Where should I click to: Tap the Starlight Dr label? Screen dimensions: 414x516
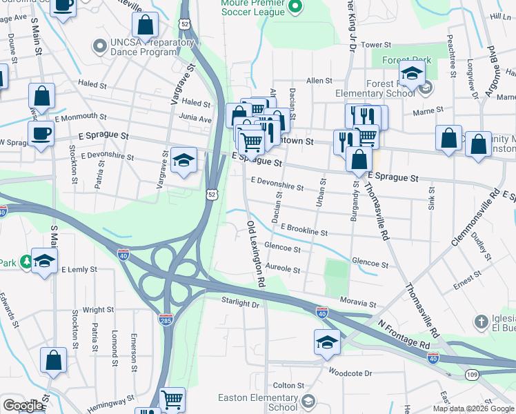click(240, 302)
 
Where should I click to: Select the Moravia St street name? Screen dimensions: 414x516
click(358, 303)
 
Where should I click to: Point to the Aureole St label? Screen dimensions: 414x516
click(283, 270)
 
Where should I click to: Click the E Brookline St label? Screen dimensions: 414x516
click(304, 230)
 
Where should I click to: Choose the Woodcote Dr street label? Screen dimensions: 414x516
click(350, 373)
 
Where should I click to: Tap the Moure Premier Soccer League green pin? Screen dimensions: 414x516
click(295, 8)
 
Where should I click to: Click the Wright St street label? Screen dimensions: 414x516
click(98, 310)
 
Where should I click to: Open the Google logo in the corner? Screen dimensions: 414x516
click(23, 406)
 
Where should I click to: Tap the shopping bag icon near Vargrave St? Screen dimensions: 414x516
click(146, 26)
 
